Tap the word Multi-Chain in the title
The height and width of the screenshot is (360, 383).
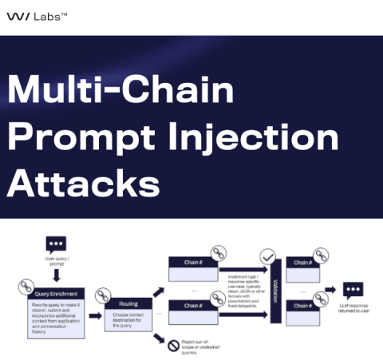point(120,90)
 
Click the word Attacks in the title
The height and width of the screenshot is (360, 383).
point(83,184)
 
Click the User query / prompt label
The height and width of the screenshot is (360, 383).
point(56,261)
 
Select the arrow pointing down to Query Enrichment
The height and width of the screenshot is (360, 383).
point(56,275)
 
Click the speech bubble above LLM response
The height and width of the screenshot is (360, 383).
point(352,290)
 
